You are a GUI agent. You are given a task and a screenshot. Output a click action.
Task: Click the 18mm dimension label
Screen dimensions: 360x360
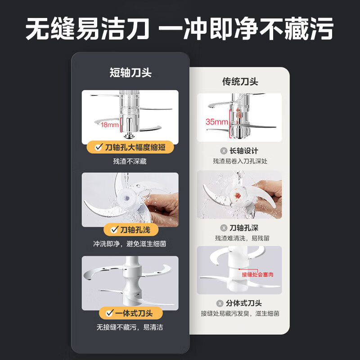coord(109,124)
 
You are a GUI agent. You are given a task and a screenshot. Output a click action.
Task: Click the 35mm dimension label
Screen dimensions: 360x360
coord(216,121)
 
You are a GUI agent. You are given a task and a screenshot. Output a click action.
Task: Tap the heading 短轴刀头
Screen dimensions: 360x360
coord(130,72)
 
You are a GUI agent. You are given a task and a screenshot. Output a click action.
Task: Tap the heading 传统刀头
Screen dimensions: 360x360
coord(240,81)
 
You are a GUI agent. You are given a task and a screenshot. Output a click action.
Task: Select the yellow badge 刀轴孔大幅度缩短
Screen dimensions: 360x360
coord(130,148)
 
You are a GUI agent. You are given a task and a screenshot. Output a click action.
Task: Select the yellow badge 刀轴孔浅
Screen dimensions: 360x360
coord(130,230)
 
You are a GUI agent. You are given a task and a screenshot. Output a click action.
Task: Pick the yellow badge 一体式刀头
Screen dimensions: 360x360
coord(130,313)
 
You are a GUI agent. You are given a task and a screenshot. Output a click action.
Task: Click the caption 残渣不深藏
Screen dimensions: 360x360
coord(130,161)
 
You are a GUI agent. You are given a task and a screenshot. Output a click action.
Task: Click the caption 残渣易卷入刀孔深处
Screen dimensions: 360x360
coord(240,161)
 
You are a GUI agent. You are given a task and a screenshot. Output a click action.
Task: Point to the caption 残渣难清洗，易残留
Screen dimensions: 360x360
coord(240,238)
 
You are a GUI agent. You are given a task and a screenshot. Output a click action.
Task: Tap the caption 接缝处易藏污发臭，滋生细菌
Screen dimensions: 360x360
coord(240,313)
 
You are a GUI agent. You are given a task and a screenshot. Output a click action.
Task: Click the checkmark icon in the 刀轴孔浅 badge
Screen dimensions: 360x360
coord(112,230)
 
